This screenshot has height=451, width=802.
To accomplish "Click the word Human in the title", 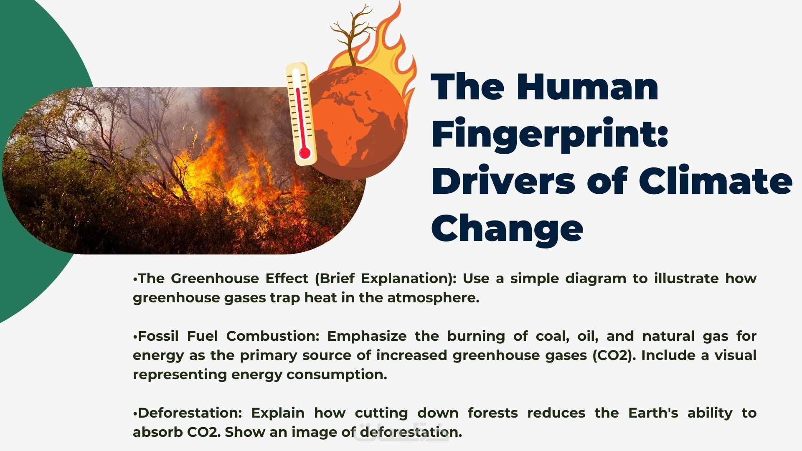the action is pyautogui.click(x=587, y=86).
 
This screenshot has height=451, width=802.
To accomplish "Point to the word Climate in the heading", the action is pyautogui.click(x=715, y=180).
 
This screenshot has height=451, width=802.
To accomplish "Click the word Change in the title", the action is pyautogui.click(x=507, y=228).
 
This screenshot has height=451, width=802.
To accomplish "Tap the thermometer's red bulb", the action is pyautogui.click(x=305, y=153).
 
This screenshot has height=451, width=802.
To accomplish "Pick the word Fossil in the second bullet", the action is pyautogui.click(x=157, y=336).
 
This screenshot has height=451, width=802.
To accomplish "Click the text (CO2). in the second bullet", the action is pyautogui.click(x=613, y=355).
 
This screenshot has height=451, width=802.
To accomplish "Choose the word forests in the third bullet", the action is pyautogui.click(x=492, y=413).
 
